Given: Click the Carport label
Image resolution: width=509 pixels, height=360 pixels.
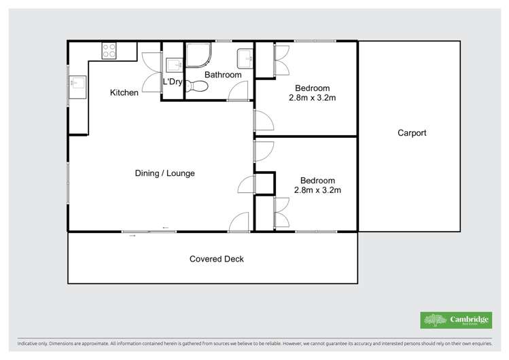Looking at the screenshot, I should [412, 133].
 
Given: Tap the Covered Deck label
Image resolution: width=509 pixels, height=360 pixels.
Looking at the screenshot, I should [216, 259].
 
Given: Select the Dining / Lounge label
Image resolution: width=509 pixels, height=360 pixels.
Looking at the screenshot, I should [164, 173].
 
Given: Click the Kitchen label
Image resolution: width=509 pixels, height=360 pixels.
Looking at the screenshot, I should [124, 92].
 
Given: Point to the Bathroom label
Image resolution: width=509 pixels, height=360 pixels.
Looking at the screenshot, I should [223, 75].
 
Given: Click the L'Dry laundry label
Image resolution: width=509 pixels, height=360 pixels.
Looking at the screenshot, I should [173, 82].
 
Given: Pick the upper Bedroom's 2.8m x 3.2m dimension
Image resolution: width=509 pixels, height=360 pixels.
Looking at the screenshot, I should [313, 98].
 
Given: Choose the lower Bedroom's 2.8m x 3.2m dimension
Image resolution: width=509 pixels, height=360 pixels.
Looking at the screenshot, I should [317, 190].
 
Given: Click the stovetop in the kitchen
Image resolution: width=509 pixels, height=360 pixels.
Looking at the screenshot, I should [109, 50].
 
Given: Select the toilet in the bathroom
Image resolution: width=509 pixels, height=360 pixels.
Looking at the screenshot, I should [197, 86].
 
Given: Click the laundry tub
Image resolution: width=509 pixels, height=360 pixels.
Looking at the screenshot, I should [173, 64].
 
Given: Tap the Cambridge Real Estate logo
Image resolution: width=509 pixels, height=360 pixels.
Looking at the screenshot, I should [455, 319].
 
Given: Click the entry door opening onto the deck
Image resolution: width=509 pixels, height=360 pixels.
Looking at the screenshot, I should [239, 223].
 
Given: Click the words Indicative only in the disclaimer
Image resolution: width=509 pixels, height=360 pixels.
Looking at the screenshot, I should [33, 344].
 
